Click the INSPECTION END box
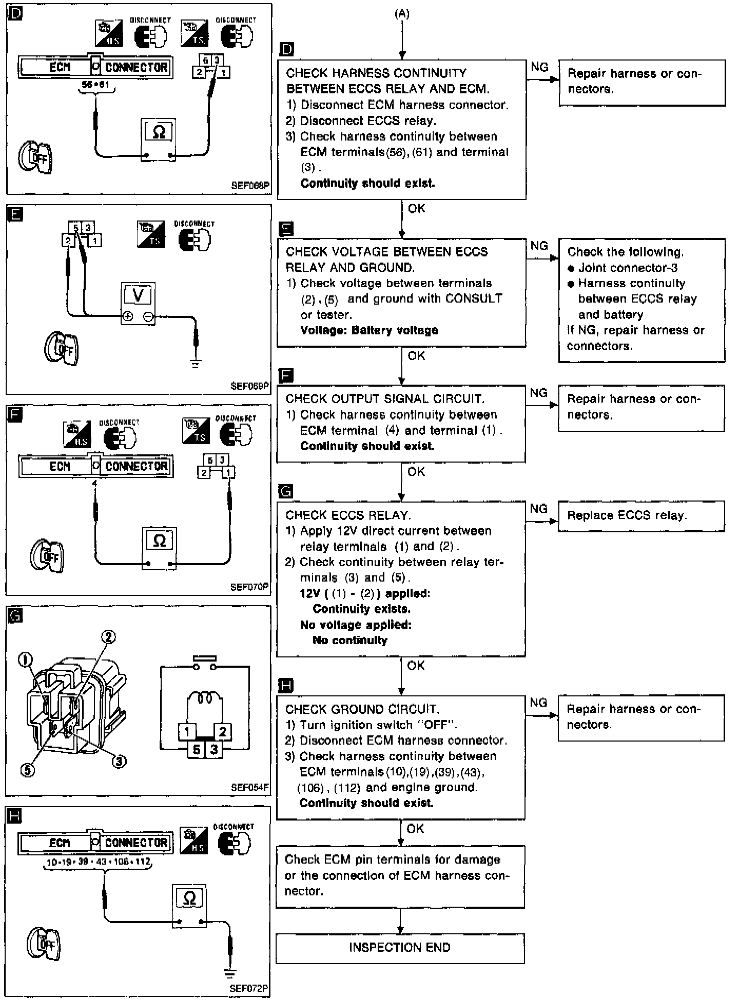(x=400, y=948)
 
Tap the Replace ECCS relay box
(x=641, y=515)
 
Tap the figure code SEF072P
(x=249, y=988)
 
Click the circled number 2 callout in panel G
(x=108, y=637)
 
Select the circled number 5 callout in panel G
(x=28, y=770)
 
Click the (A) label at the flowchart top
(x=402, y=14)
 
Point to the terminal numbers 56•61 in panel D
(x=95, y=85)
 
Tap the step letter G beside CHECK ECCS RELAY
(x=285, y=492)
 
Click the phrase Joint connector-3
(x=628, y=268)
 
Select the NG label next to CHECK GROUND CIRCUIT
(x=538, y=702)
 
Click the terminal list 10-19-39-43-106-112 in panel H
(x=98, y=862)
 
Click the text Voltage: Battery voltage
(x=369, y=330)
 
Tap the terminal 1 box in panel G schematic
(x=187, y=732)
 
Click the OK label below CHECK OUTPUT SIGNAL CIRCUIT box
(x=416, y=471)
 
